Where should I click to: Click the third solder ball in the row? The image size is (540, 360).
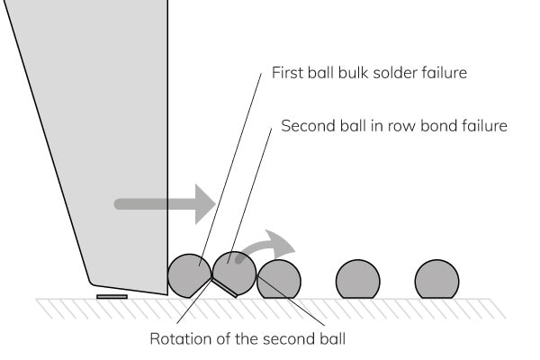tap(279, 280)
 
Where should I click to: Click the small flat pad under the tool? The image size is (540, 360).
tap(112, 295)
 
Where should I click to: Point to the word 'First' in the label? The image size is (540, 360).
tap(287, 73)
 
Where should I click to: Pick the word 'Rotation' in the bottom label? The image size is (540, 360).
tap(179, 339)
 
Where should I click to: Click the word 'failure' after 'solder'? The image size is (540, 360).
tap(444, 73)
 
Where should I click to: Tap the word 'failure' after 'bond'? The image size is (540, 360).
tap(482, 126)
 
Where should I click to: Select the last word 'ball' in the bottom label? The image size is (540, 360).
tap(331, 339)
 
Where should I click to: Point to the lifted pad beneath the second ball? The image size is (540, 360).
tap(225, 288)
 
